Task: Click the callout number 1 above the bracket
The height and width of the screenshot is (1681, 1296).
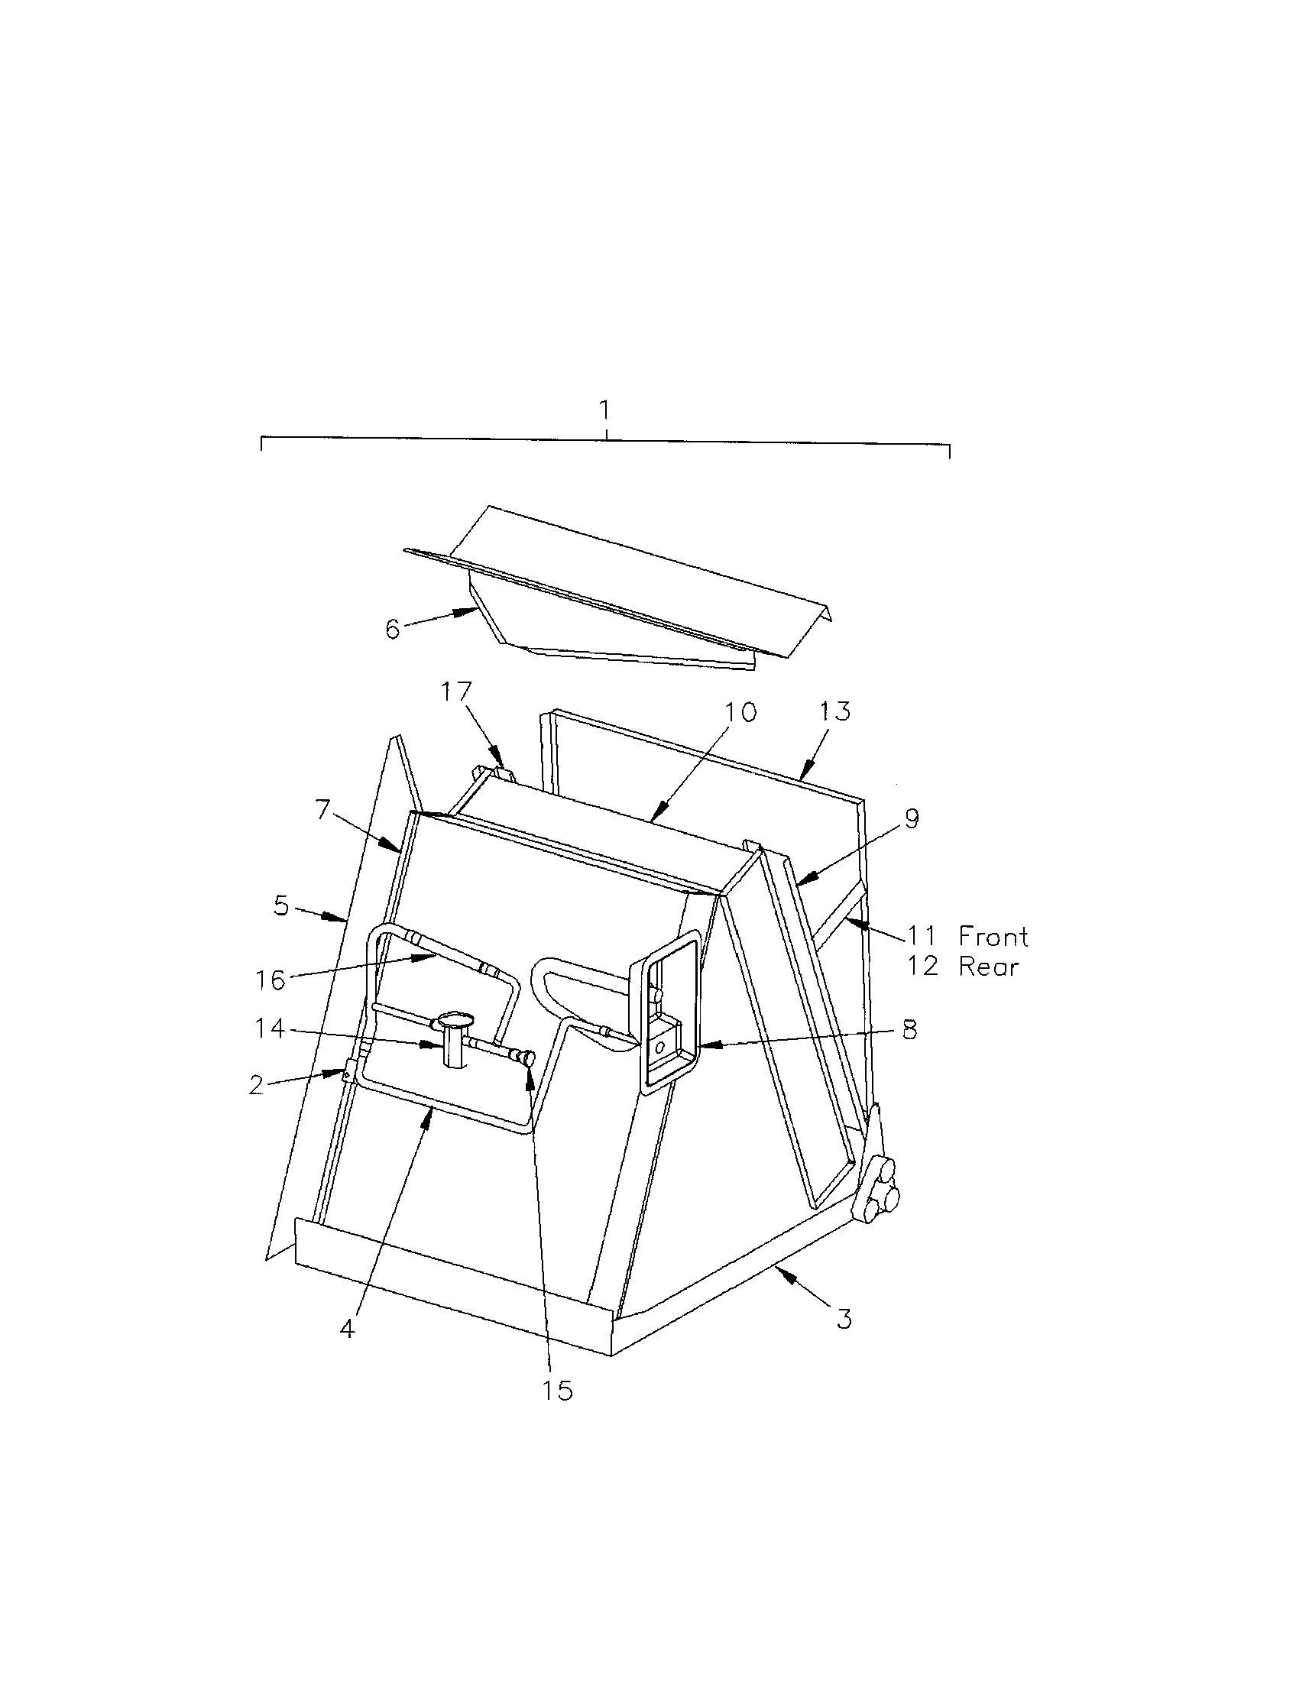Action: [607, 410]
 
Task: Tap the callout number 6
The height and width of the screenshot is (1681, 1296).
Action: [393, 629]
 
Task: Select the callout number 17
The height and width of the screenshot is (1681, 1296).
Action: [455, 692]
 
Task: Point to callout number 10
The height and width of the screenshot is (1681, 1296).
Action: [740, 711]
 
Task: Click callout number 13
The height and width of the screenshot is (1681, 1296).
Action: [835, 711]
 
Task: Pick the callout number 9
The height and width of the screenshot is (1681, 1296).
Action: [911, 819]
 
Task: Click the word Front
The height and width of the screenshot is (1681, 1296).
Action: [993, 936]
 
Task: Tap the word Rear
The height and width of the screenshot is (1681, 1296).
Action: [988, 966]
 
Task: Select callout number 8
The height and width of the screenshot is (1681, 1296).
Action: [910, 1030]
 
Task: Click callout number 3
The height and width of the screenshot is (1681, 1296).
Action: [844, 1319]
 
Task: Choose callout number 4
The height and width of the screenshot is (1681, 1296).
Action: [348, 1329]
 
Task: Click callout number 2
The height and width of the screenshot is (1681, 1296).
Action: [257, 1084]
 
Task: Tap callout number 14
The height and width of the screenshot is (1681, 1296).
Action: [271, 1028]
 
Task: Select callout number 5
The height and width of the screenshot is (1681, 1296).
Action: [282, 906]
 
